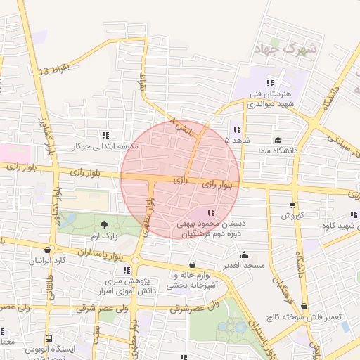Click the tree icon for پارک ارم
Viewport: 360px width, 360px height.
(x=105, y=225)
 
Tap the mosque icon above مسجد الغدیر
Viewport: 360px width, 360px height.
(x=244, y=255)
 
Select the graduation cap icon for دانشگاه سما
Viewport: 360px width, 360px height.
(x=279, y=141)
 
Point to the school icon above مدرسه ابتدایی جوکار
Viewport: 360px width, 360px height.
(x=106, y=135)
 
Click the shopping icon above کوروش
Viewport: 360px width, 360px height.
(x=292, y=205)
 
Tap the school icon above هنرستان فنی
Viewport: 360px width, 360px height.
(x=270, y=84)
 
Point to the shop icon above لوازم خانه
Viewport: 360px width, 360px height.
(x=192, y=264)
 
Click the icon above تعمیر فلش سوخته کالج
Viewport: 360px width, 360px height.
(x=304, y=307)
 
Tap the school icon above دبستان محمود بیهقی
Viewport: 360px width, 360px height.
(x=210, y=212)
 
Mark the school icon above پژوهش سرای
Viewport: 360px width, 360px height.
(x=127, y=269)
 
